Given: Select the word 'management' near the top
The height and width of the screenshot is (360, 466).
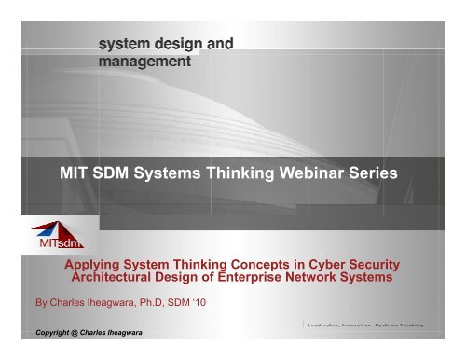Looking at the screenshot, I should (145, 62).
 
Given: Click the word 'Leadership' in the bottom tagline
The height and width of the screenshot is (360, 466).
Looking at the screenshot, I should (327, 325).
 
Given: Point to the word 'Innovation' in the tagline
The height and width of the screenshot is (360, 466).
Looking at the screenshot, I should (366, 325).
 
